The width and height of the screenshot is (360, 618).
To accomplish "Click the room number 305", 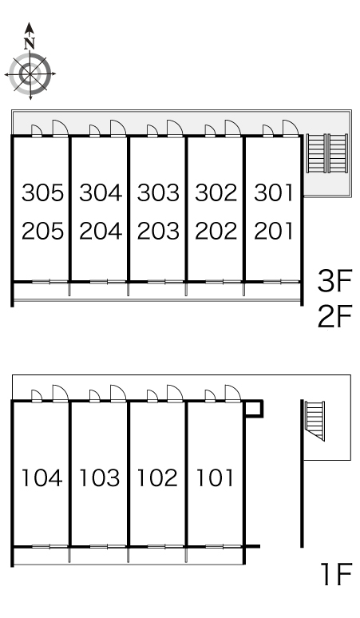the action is coord(42,192).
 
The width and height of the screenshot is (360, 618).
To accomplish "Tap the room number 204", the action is coord(101,231).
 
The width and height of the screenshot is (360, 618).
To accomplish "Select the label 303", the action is coord(158,192).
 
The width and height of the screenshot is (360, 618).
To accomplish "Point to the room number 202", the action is coord(216,231).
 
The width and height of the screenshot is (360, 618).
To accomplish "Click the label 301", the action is coord(274,192).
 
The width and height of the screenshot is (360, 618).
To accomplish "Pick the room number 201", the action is coord(274,231).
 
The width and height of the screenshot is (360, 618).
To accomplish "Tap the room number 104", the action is coord(42,477).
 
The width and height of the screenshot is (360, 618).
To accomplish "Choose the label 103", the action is coord(100,477).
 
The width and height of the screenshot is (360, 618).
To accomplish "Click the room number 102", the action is coord(157,477).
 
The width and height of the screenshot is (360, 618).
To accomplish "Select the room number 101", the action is coord(215,477).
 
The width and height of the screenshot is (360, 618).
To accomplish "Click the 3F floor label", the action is coord(334,281).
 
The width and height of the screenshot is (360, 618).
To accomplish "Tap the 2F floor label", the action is coord(334,316).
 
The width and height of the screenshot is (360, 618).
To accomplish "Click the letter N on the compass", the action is coord(30,43).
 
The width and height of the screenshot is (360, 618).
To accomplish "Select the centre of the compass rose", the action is coord(30,73).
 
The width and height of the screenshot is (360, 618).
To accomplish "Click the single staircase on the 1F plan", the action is coord(315,421).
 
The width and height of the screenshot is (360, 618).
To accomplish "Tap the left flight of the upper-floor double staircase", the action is coord(317,153).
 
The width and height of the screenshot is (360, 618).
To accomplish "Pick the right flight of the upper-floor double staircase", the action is coord(338,153).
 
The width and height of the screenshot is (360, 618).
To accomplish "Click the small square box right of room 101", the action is coord(253,409).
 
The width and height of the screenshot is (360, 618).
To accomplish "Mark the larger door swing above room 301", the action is coord(291,129).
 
